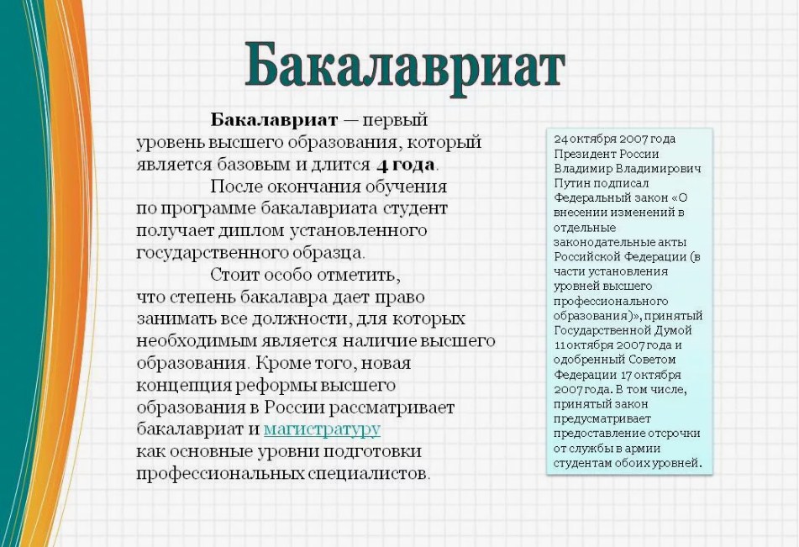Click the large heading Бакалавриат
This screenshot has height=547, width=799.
pos(405,68)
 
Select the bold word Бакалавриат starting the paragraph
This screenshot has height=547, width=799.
pos(274,120)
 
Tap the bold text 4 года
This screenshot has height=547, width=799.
pos(406,165)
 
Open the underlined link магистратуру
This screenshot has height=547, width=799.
pos(322,429)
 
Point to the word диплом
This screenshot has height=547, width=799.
pos(252,231)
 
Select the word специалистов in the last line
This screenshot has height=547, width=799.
pos(367,474)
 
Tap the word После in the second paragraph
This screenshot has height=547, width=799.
pos(236,186)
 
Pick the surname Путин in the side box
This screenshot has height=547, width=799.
pos(571,183)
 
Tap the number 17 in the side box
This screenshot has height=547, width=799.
pos(626,375)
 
